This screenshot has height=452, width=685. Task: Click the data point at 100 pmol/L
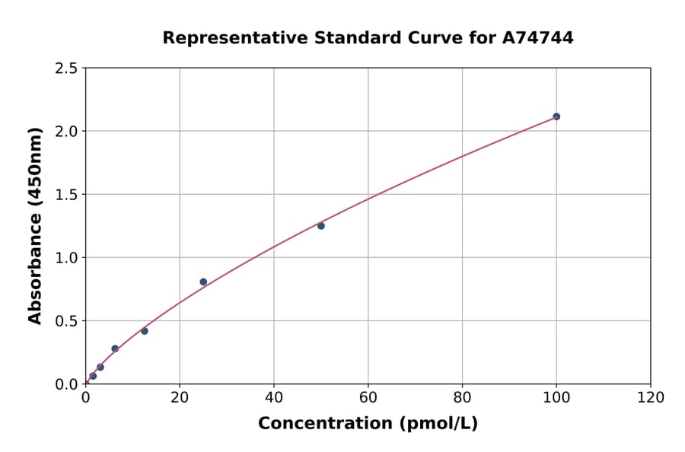click(x=556, y=116)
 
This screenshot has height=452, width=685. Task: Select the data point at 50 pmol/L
click(x=321, y=226)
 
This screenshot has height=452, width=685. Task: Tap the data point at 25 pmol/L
click(x=203, y=282)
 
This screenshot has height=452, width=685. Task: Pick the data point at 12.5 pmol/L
click(x=145, y=331)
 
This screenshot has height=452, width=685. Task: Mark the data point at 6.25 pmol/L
click(x=115, y=349)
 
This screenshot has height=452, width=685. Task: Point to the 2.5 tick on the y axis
click(x=67, y=68)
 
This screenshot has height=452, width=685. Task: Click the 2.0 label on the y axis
click(x=67, y=132)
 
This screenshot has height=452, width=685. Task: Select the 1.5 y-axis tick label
click(x=67, y=195)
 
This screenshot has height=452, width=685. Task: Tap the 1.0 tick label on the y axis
click(x=67, y=258)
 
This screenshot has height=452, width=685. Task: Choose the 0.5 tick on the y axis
click(x=67, y=321)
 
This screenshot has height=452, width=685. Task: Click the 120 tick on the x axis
click(x=651, y=397)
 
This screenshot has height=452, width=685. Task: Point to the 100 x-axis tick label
click(x=556, y=397)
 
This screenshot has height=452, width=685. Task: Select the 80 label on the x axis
click(x=462, y=397)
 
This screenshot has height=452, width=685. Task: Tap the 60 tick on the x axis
click(x=368, y=397)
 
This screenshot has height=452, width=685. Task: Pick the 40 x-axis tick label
click(x=274, y=397)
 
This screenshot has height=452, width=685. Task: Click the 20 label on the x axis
click(x=180, y=397)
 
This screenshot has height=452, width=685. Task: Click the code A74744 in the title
click(x=537, y=38)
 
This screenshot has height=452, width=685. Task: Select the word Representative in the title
click(x=225, y=38)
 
